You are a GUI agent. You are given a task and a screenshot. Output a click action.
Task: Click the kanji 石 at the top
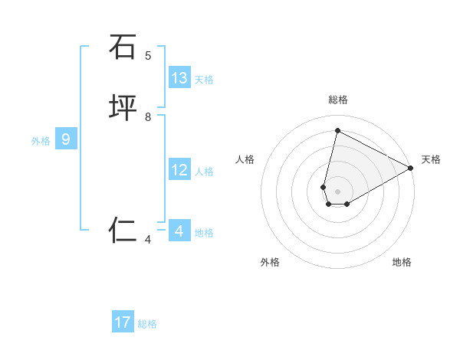point(123,47)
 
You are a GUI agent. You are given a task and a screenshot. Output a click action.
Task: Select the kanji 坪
point(123,109)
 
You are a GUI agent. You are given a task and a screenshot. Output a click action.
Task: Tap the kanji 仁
point(123,230)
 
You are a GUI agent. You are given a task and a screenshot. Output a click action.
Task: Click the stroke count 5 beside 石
point(148,55)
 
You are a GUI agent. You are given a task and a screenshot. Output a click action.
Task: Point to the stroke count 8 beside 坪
point(148,117)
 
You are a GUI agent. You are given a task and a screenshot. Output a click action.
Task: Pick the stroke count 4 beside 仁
point(148,240)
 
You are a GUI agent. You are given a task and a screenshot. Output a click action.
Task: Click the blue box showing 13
point(179,78)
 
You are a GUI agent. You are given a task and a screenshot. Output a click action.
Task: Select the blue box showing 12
point(179,170)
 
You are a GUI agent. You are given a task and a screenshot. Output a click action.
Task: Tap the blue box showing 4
point(179,231)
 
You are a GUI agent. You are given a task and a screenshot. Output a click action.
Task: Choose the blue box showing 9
point(66,139)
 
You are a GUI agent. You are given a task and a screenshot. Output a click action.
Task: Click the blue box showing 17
point(123,322)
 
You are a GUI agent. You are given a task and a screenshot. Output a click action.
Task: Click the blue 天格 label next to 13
point(204,80)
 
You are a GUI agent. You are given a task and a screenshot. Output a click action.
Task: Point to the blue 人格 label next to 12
point(204,172)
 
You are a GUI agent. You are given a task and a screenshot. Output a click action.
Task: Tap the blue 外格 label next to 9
point(41,141)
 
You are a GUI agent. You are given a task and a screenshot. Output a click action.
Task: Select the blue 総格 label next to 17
point(147,324)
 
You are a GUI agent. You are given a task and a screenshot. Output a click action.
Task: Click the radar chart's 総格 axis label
point(338,100)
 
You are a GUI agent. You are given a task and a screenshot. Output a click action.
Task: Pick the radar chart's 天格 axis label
point(431,159)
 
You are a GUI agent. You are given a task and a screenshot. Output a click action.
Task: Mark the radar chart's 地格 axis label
point(402,263)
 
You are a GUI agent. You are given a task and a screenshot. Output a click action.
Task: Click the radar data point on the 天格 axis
point(411,169)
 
